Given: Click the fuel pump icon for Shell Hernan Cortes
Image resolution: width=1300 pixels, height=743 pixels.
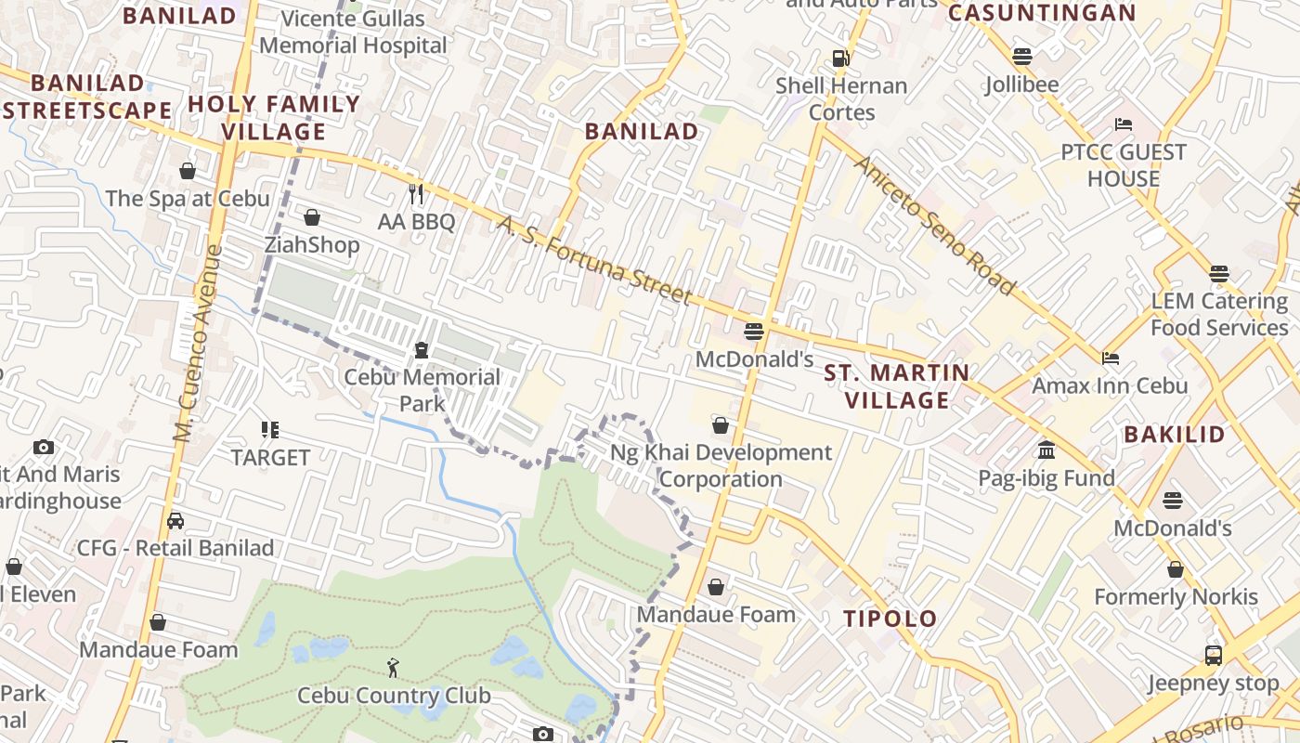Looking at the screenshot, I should tap(840, 58).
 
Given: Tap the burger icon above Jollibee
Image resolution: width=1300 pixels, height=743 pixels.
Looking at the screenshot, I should tap(1022, 56).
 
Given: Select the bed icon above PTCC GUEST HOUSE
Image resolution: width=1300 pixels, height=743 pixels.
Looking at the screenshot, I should tap(1124, 124).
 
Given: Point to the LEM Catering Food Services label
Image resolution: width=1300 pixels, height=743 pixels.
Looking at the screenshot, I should tap(1218, 314).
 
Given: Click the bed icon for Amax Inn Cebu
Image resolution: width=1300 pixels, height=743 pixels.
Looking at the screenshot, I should tap(1110, 358).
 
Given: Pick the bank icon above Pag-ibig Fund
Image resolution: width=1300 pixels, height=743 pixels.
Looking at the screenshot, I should tap(1046, 450).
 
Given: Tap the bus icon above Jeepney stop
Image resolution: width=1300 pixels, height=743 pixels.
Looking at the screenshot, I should tap(1213, 656).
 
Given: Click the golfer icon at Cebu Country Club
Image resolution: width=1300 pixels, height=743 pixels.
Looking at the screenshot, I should tap(394, 667).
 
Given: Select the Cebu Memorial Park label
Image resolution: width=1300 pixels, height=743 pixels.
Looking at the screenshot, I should tap(422, 390).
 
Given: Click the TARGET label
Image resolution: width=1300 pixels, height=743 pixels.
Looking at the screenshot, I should tap(270, 458).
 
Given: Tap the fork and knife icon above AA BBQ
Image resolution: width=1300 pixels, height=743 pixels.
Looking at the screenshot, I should tap(416, 193).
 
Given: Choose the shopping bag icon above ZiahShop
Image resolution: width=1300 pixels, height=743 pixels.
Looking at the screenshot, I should tap(312, 217).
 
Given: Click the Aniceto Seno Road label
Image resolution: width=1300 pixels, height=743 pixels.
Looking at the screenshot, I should tap(934, 226).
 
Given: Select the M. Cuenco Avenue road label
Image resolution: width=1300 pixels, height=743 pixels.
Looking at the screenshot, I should tap(197, 341).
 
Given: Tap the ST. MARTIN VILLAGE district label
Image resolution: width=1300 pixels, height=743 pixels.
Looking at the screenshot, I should tap(897, 386).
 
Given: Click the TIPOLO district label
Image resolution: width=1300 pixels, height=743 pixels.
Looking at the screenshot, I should tap(890, 619).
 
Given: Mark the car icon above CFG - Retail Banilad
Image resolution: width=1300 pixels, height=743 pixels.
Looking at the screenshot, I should tap(175, 521).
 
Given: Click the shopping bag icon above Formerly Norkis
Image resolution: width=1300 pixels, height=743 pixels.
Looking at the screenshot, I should tap(1176, 569).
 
